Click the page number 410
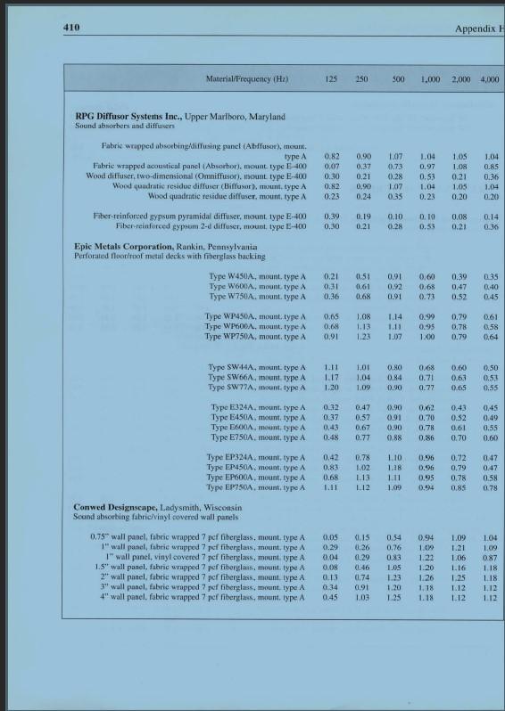(71, 28)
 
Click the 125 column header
(331, 79)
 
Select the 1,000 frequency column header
(430, 79)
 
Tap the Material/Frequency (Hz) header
(247, 79)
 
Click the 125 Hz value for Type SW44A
(331, 367)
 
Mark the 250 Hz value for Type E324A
(362, 407)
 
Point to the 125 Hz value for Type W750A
(331, 297)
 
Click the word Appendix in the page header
(474, 29)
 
